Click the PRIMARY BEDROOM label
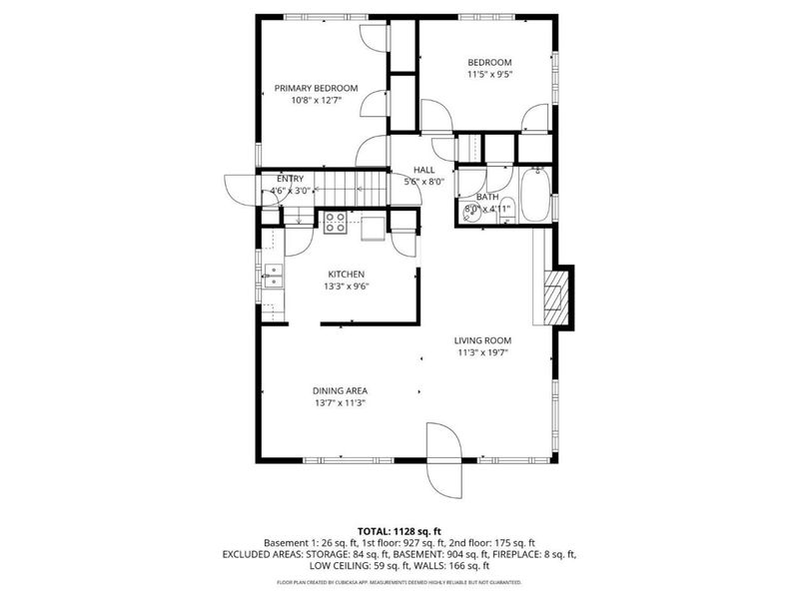click(316, 88)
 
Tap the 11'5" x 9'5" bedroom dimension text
click(489, 73)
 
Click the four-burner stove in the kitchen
click(336, 223)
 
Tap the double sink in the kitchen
click(272, 275)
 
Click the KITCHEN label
click(347, 274)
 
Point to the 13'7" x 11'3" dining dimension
click(341, 403)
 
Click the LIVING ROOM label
click(483, 340)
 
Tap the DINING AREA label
click(341, 390)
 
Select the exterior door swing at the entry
click(240, 189)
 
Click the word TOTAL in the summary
click(376, 530)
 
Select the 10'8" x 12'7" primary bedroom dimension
click(316, 101)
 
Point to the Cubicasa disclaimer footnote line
click(399, 581)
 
